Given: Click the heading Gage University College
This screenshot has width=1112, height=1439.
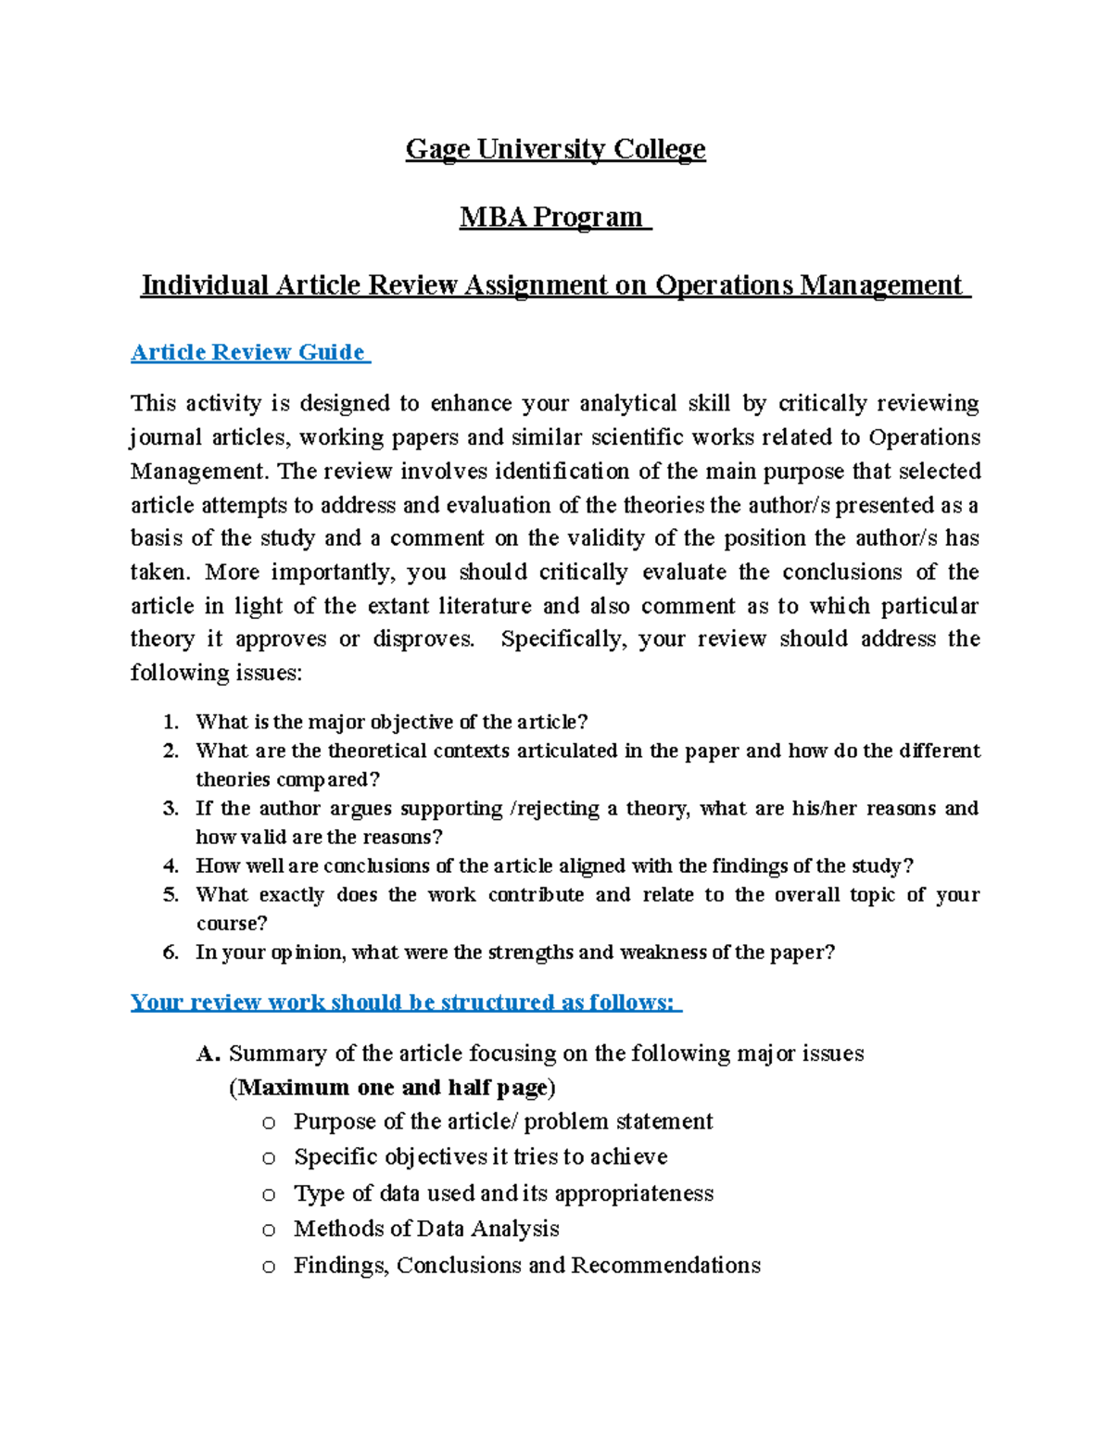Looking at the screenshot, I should [555, 149].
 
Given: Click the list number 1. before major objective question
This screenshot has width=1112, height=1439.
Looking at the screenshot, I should [170, 722].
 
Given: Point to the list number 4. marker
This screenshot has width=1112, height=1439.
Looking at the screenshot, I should [170, 866].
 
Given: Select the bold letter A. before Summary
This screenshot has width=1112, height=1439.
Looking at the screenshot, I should [208, 1054].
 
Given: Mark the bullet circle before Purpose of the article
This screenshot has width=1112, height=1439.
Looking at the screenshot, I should [269, 1123].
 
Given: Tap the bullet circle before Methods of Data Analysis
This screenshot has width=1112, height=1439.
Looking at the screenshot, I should [269, 1231].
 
